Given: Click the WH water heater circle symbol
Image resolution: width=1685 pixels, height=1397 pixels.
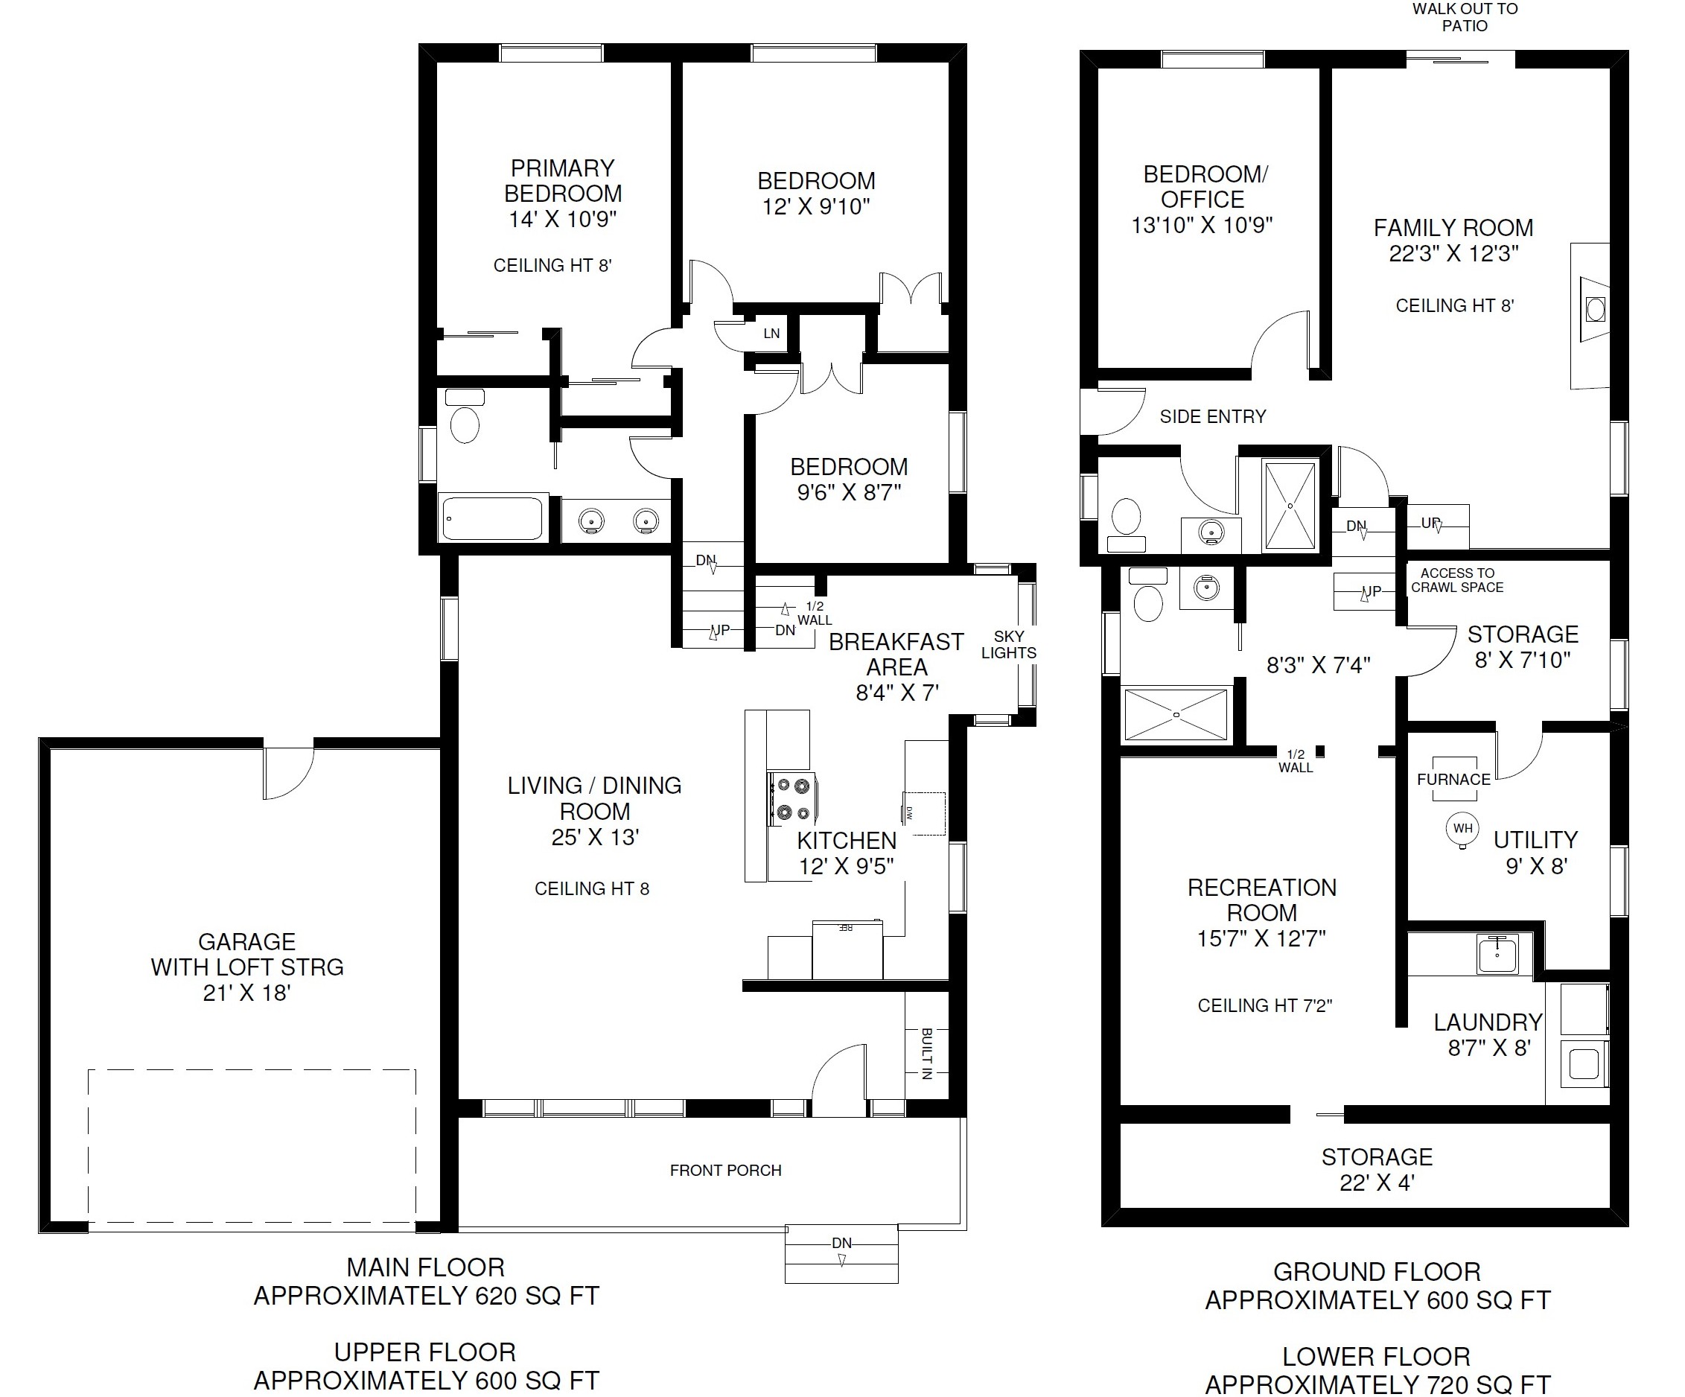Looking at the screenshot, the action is click(1462, 829).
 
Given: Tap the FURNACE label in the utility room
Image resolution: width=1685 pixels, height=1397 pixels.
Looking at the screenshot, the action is click(1453, 779).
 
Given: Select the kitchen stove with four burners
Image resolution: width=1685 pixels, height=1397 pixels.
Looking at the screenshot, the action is click(792, 798).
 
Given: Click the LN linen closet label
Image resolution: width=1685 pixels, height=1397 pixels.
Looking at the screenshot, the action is click(771, 334).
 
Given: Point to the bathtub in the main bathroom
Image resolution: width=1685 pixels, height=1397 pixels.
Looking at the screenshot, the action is click(493, 518).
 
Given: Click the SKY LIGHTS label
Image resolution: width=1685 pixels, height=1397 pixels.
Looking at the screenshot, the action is click(1009, 644).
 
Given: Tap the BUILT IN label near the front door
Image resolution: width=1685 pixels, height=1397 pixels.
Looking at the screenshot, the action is click(927, 1054).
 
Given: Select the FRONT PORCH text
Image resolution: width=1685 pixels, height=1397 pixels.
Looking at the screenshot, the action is click(725, 1171).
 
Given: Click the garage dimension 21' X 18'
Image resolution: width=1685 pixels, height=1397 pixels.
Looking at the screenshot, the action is click(246, 993).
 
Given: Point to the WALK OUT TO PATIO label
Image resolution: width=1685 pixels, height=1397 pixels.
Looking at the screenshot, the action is click(1465, 17).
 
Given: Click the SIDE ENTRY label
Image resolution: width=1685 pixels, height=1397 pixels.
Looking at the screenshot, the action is click(1212, 416).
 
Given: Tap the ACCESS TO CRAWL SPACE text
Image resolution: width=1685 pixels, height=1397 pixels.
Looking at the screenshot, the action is click(1457, 580).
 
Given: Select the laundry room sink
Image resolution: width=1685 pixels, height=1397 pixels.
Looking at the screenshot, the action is click(1497, 954).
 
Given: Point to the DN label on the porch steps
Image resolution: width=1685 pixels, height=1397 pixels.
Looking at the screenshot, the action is click(841, 1244).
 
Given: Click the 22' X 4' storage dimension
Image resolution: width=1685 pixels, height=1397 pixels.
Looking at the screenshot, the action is click(1377, 1183).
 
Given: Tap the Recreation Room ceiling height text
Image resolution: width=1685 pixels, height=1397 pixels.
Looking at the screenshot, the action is click(1264, 1005).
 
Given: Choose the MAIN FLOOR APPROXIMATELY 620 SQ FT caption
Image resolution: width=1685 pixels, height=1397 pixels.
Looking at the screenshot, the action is click(426, 1282).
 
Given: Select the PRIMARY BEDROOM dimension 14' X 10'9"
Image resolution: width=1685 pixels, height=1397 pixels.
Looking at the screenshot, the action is click(562, 219).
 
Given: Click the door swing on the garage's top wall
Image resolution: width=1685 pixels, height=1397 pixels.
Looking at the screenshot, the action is click(289, 773).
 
